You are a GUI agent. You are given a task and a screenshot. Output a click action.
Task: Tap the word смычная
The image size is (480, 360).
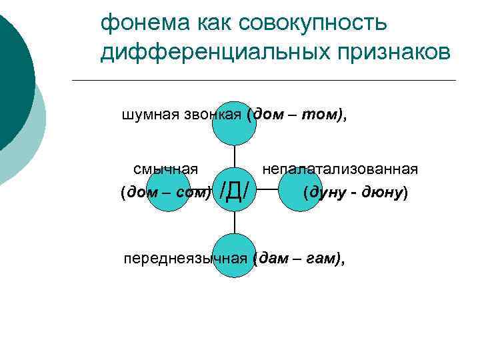165,169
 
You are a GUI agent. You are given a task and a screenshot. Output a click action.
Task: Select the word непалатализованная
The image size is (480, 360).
340,169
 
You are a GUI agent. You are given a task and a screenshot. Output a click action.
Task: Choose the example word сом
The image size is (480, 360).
193,194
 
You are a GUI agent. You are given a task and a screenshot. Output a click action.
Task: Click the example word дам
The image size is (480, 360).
272,258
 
